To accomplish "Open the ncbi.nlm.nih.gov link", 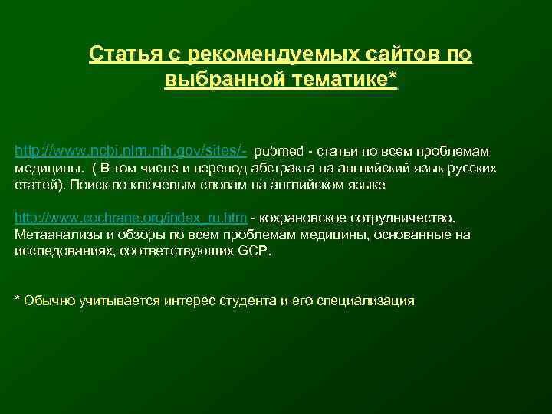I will point(131,152).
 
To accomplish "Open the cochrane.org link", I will point(130,219).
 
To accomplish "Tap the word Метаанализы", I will point(53,235).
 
